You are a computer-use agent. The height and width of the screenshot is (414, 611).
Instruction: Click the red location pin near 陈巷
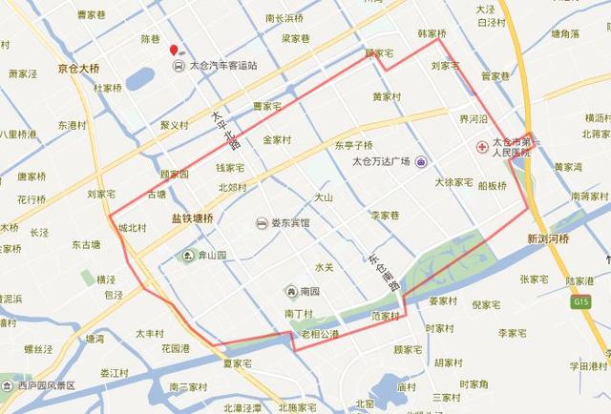(x=173, y=51)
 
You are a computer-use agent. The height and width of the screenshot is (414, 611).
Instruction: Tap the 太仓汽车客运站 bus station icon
(x=179, y=66)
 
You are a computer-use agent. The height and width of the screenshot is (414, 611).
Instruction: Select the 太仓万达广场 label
(x=381, y=161)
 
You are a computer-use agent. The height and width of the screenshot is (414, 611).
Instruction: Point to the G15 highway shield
(x=580, y=301)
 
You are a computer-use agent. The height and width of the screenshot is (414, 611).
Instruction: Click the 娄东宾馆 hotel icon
(x=261, y=223)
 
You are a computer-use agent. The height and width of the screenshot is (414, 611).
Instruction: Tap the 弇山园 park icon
(x=188, y=256)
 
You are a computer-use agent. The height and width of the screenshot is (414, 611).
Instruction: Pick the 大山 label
(x=324, y=197)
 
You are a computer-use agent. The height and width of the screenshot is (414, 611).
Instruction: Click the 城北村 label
(x=133, y=228)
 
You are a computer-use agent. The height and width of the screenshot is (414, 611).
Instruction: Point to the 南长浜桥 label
(x=284, y=18)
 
